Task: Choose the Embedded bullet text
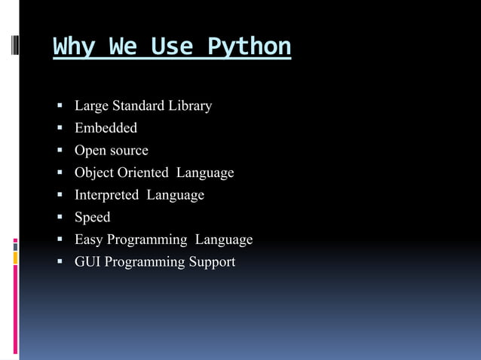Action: [106, 128]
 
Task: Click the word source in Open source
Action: [128, 151]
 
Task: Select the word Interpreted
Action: [106, 195]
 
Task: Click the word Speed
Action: [92, 218]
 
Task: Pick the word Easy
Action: [88, 240]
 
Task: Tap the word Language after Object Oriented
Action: [205, 173]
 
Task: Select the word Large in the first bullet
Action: [91, 106]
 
